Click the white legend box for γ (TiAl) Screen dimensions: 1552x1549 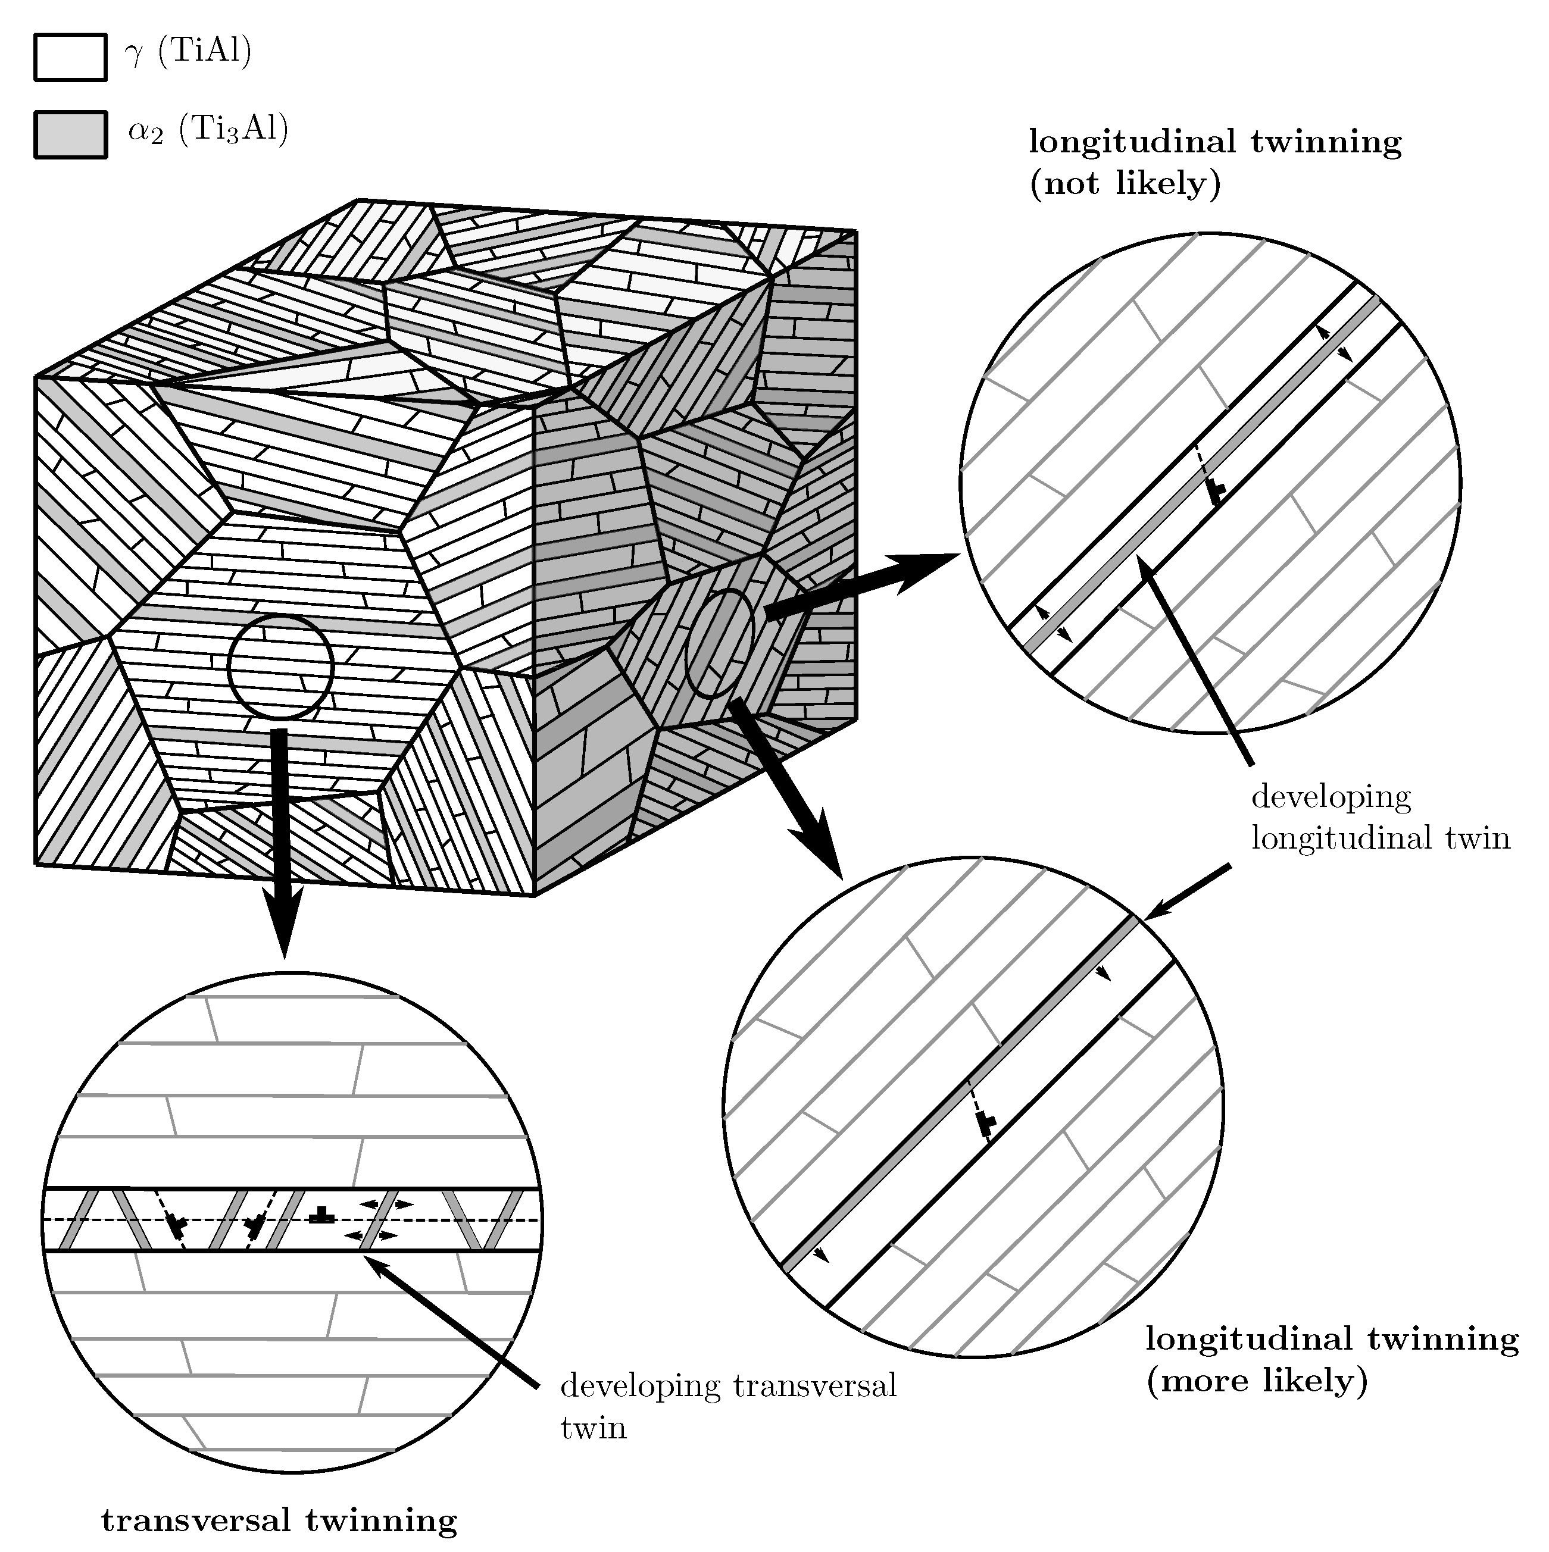(71, 57)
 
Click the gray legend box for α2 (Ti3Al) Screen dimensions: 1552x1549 (71, 134)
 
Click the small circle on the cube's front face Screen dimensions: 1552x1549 (280, 667)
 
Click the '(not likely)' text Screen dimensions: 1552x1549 (1125, 184)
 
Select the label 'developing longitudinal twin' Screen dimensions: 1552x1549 (1379, 817)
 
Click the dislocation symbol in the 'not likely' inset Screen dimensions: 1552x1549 (1217, 492)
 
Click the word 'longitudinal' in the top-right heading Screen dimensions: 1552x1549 (1133, 142)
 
